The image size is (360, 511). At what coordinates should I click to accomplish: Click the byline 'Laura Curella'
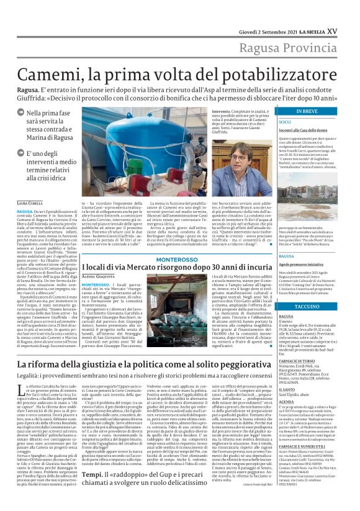point(30,203)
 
